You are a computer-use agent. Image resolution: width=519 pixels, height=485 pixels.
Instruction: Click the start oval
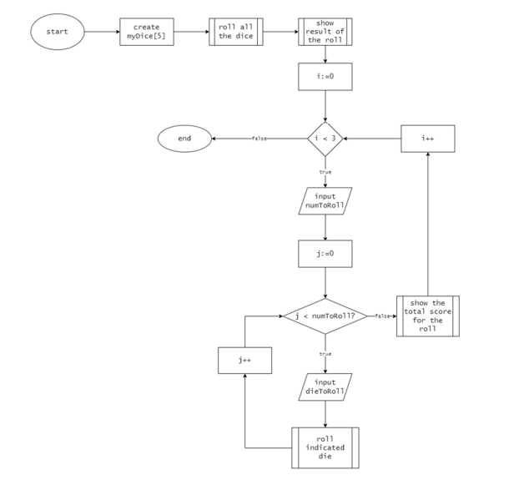58,33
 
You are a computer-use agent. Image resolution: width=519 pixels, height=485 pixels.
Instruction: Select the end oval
184,138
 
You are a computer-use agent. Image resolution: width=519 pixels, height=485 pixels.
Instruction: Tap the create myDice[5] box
146,33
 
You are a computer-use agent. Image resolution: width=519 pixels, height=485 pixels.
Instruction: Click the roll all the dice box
235,33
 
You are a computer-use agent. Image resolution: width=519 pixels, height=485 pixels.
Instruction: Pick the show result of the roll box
325,33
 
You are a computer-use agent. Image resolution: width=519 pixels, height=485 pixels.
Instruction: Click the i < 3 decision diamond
325,138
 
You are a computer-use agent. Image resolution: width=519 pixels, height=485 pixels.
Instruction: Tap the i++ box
428,138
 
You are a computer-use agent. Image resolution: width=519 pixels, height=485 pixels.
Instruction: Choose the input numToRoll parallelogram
325,201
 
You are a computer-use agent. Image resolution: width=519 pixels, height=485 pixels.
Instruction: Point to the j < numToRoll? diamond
325,316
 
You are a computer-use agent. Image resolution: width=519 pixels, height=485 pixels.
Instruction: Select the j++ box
244,361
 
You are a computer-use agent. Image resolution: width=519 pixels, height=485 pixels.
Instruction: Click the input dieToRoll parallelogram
325,386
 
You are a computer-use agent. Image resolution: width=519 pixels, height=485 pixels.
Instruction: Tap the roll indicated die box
325,447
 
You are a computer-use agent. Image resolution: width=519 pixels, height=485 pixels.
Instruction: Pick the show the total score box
428,316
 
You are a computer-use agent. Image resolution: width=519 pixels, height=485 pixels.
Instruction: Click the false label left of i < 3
259,139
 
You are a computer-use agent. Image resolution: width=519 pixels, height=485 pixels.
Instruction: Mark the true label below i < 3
325,172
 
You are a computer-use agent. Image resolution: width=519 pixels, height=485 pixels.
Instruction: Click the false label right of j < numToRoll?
383,316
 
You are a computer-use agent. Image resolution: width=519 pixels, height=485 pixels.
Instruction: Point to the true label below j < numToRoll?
325,354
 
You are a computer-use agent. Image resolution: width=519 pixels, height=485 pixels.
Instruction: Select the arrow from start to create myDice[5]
102,33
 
